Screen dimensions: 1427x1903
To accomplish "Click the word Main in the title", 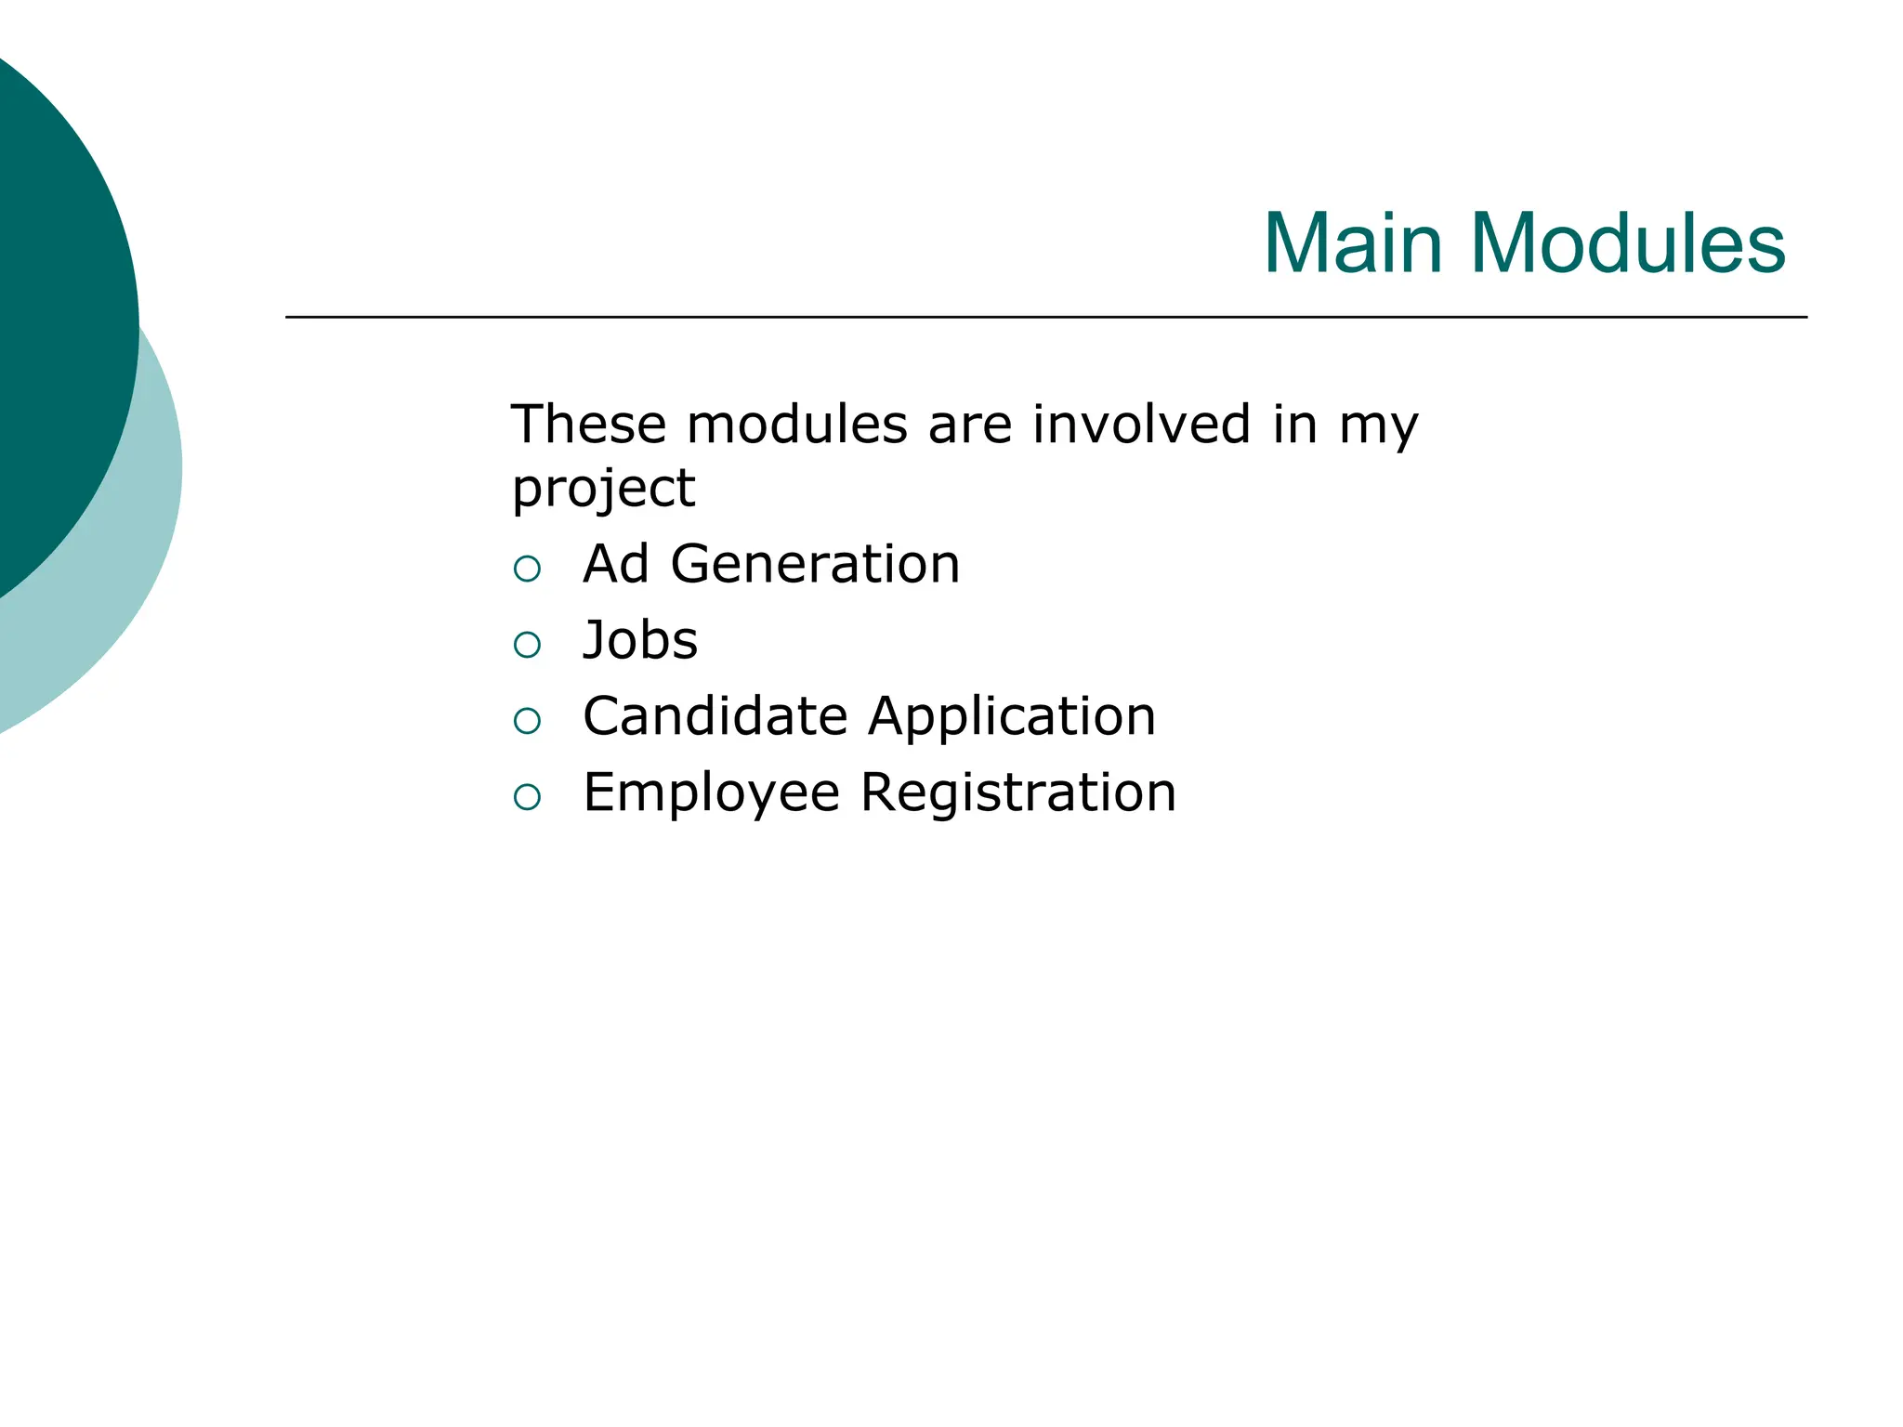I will coord(1353,243).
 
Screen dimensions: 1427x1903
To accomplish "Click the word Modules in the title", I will coord(1627,243).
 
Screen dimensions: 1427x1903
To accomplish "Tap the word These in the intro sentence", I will coord(588,425).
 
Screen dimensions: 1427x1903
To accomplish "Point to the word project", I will coord(603,490).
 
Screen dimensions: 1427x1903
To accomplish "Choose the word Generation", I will coord(815,564).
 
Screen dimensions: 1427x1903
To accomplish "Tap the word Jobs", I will coord(640,640).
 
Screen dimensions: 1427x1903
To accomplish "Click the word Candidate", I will coord(715,716).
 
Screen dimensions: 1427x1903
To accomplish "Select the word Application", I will coord(1012,718).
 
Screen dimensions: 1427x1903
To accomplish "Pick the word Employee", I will coord(712,794).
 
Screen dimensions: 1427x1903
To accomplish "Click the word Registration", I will coord(1018,794).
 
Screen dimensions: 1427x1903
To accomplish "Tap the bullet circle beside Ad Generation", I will coord(527,569).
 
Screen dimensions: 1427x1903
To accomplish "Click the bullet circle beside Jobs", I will coord(527,645).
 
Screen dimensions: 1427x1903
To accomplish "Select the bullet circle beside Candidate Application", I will coord(527,721).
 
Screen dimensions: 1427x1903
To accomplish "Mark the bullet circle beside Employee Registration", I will coord(527,797).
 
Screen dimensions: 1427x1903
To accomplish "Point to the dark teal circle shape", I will coord(56,316).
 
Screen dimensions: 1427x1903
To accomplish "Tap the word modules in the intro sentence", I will coord(796,425).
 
